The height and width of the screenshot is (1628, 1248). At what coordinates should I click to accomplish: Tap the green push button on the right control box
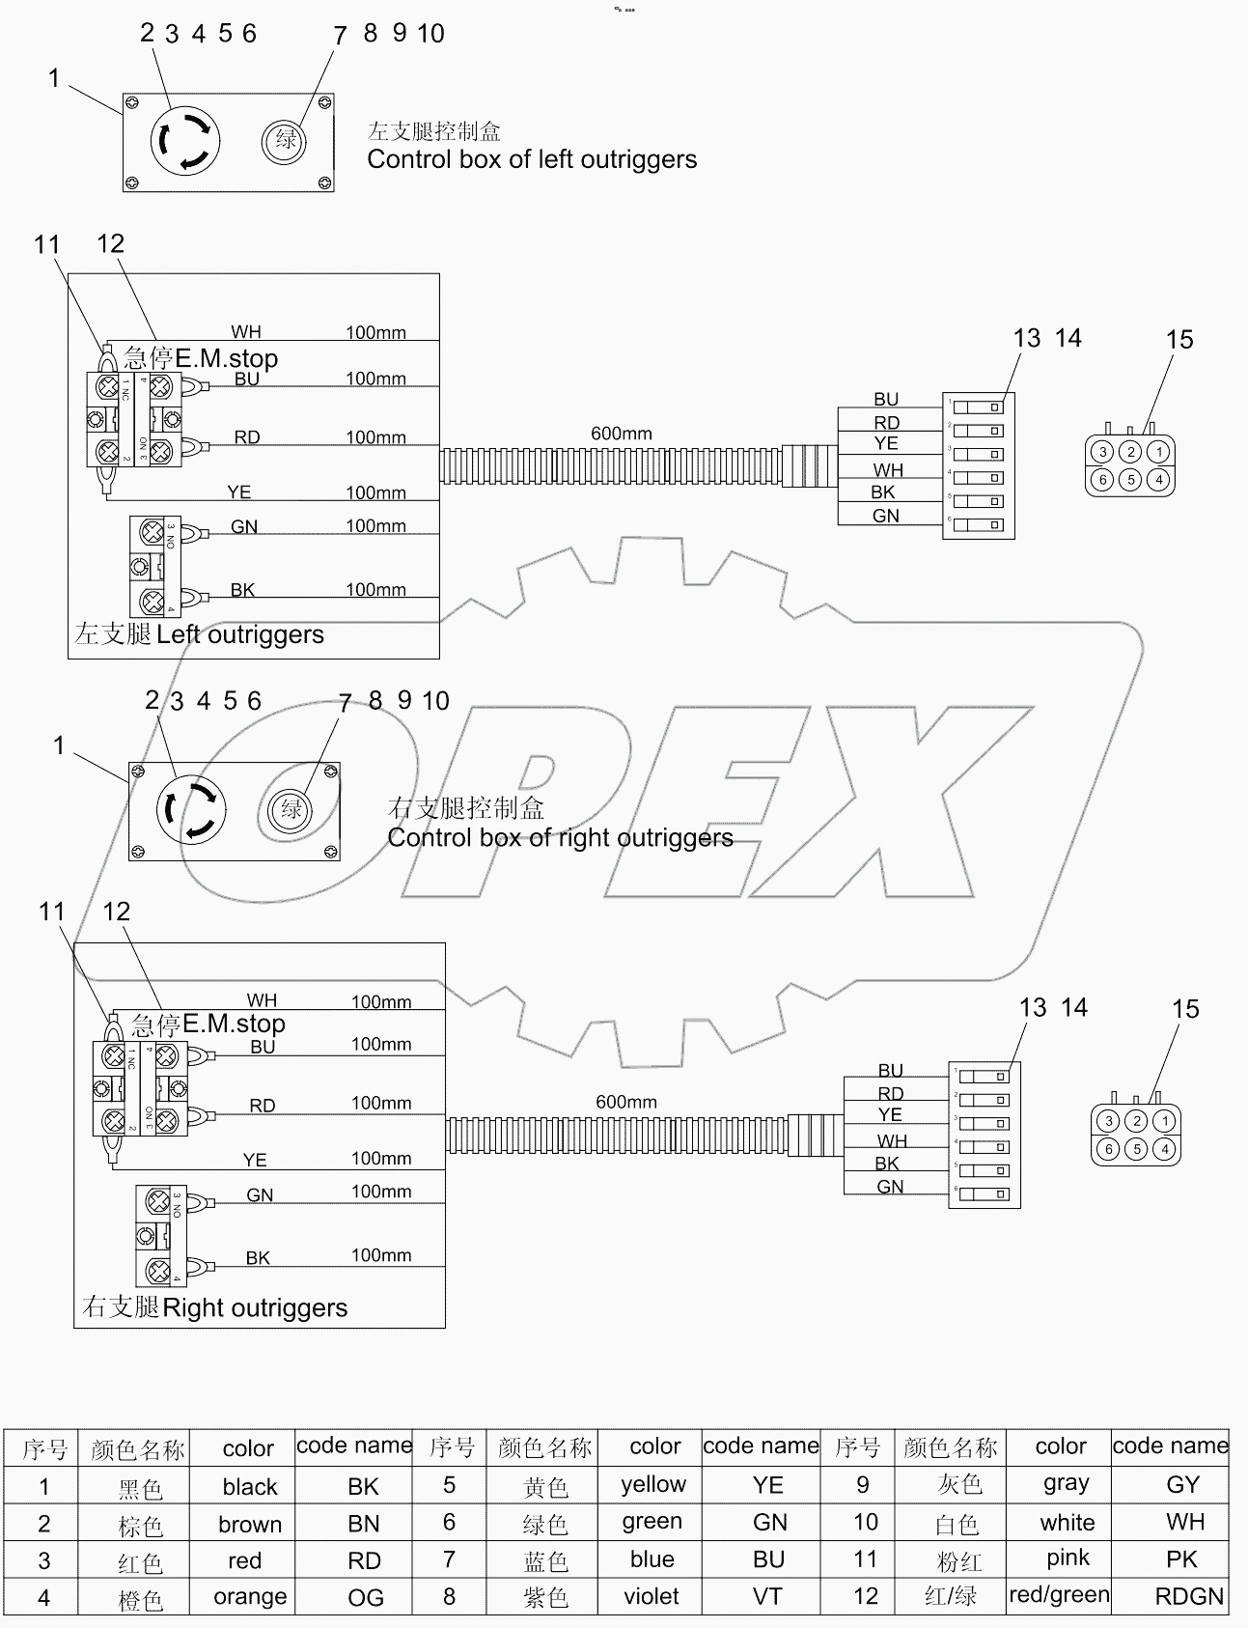pyautogui.click(x=291, y=808)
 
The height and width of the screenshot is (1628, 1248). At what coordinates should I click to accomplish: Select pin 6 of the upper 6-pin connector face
pyautogui.click(x=1102, y=479)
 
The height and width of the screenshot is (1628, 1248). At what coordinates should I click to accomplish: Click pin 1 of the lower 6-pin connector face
pyautogui.click(x=1165, y=1121)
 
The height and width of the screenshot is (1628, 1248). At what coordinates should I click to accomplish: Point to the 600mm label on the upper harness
pyautogui.click(x=622, y=434)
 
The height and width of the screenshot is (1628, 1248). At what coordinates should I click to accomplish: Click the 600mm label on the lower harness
pyautogui.click(x=626, y=1102)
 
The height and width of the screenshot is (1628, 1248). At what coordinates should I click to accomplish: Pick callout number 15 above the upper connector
pyautogui.click(x=1179, y=340)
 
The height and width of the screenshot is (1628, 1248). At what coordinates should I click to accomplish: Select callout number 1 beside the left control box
pyautogui.click(x=55, y=78)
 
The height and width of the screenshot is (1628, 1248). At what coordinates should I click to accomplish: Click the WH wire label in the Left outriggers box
pyautogui.click(x=246, y=332)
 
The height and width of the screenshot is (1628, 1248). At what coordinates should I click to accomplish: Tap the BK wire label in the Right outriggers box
pyautogui.click(x=258, y=1257)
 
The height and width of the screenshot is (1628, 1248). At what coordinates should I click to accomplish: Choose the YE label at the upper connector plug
pyautogui.click(x=886, y=443)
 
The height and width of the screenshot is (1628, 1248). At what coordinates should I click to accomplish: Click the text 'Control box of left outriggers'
pyautogui.click(x=532, y=159)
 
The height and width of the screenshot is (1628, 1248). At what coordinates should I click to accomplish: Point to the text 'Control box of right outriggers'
pyautogui.click(x=560, y=837)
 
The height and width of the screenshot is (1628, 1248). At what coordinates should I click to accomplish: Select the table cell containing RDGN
pyautogui.click(x=1188, y=1596)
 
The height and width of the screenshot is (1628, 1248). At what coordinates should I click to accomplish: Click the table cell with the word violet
pyautogui.click(x=652, y=1596)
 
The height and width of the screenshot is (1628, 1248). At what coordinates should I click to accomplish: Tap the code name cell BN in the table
pyautogui.click(x=363, y=1524)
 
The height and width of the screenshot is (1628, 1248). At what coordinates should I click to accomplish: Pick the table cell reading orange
pyautogui.click(x=250, y=1596)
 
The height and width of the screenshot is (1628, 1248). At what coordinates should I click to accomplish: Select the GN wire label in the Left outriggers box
pyautogui.click(x=244, y=526)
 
